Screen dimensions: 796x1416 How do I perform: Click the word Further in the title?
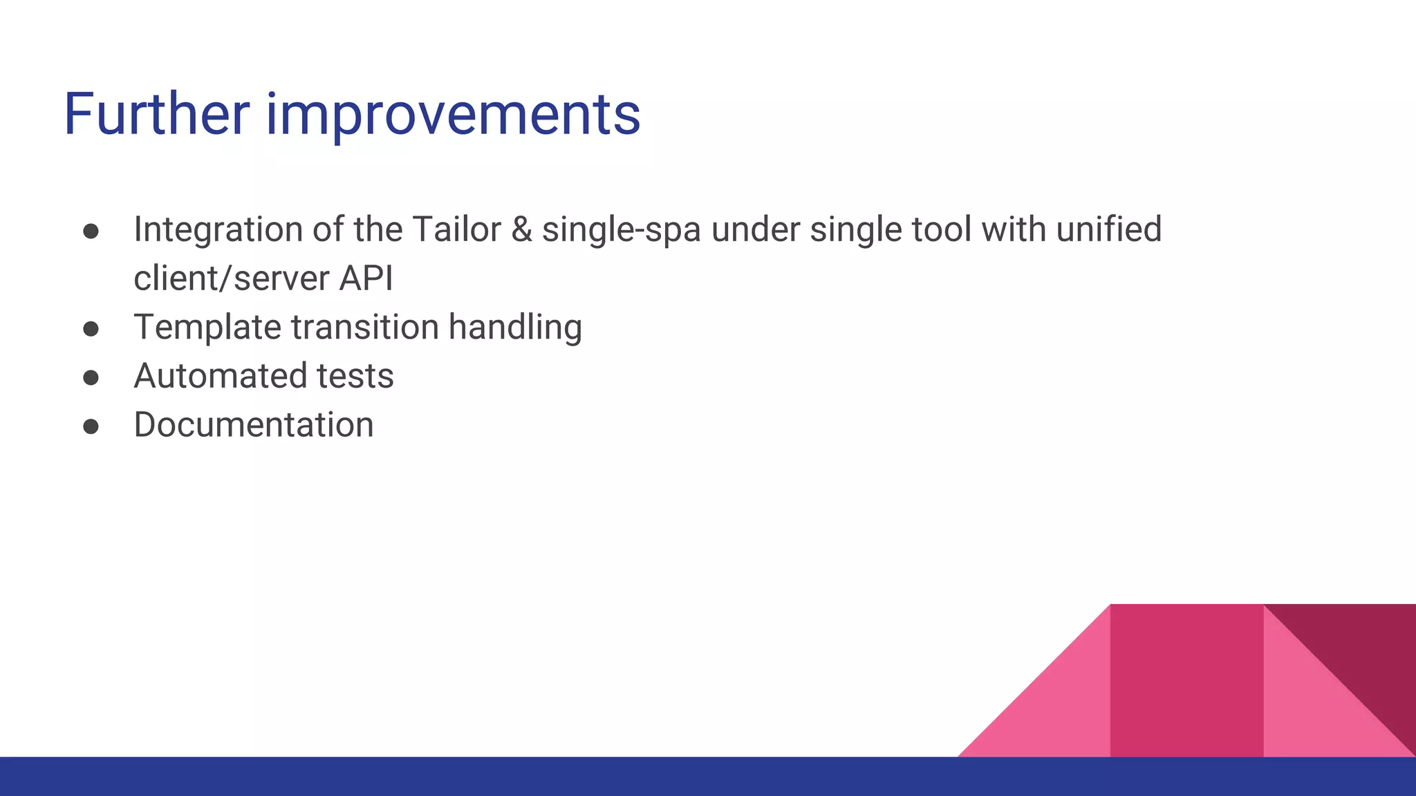click(x=156, y=114)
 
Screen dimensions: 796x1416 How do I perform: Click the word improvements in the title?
click(x=453, y=115)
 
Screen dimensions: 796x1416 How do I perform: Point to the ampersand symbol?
click(x=521, y=229)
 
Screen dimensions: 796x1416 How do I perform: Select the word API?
click(x=366, y=278)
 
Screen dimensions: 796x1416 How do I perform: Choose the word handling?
click(x=514, y=328)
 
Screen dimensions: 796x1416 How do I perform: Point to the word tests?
click(x=355, y=377)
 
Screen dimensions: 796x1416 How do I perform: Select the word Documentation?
click(x=253, y=425)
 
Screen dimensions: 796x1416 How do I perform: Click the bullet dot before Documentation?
click(x=91, y=426)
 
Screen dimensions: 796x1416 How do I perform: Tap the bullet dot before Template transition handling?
click(x=91, y=329)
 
